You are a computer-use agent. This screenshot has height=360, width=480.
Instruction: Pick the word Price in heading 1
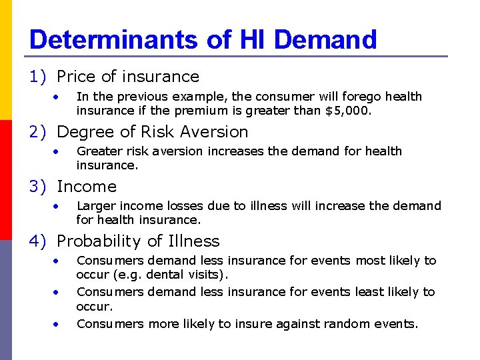77,77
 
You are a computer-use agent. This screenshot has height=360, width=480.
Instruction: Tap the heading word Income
87,187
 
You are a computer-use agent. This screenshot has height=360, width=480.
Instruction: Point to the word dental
165,275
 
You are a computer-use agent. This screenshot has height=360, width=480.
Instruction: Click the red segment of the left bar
6,180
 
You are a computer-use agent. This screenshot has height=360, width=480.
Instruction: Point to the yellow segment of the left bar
6,60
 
